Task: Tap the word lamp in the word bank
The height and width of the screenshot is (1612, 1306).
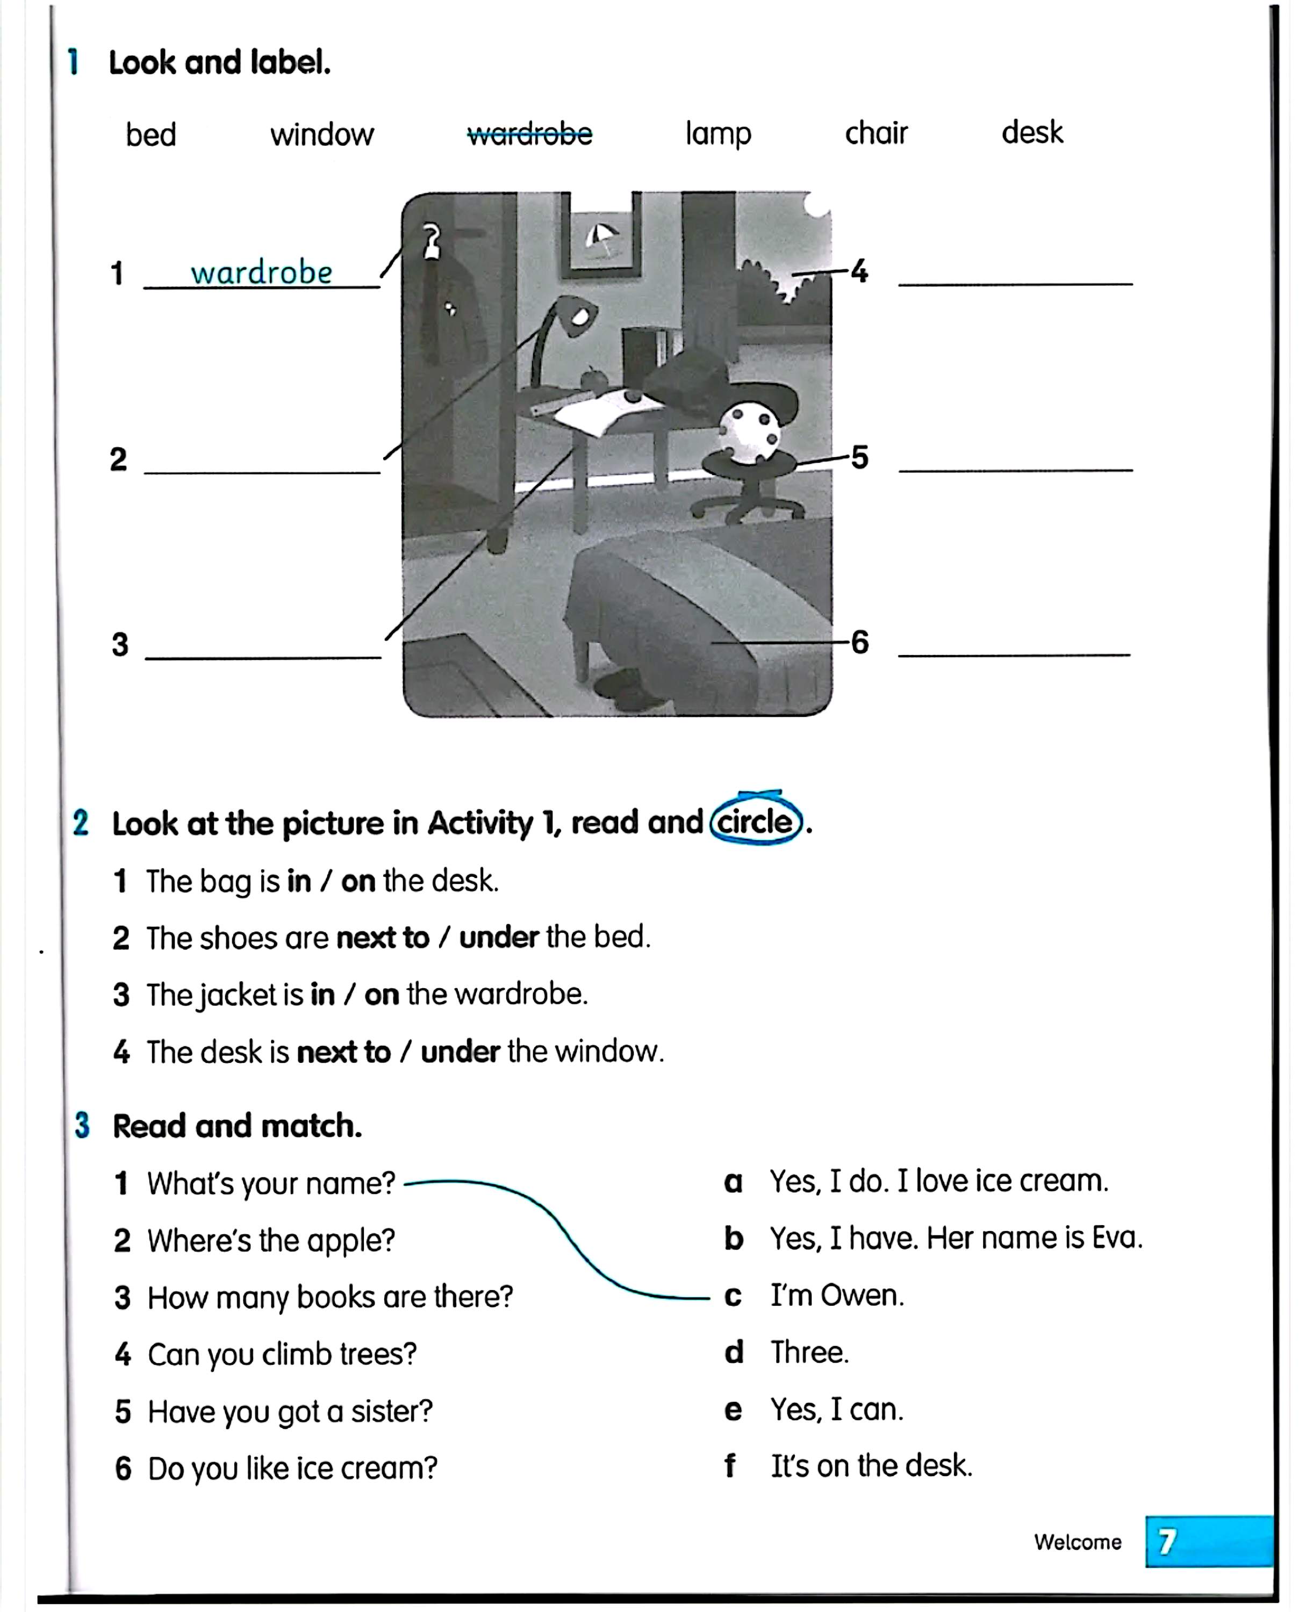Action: tap(717, 134)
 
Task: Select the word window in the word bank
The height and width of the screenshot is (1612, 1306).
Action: tap(322, 135)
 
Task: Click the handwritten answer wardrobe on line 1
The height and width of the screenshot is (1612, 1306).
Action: tap(261, 272)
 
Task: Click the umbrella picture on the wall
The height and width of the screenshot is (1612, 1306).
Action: tap(602, 239)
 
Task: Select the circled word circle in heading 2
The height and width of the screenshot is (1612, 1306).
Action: tap(755, 822)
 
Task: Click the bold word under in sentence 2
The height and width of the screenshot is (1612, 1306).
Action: tap(499, 937)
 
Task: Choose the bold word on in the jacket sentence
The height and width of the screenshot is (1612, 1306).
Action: tap(382, 995)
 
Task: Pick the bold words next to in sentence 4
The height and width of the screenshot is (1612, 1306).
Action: tap(344, 1052)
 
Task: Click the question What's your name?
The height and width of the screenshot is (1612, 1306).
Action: tap(271, 1183)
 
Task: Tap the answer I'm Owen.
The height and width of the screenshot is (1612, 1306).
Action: tap(837, 1296)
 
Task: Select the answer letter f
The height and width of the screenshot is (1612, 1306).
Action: tap(729, 1466)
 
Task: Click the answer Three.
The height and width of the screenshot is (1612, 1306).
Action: tap(809, 1352)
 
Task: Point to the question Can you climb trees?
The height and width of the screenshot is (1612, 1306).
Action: tap(282, 1354)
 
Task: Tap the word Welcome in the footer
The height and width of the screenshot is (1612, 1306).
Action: tap(1077, 1542)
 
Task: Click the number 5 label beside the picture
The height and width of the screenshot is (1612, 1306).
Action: tap(859, 457)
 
